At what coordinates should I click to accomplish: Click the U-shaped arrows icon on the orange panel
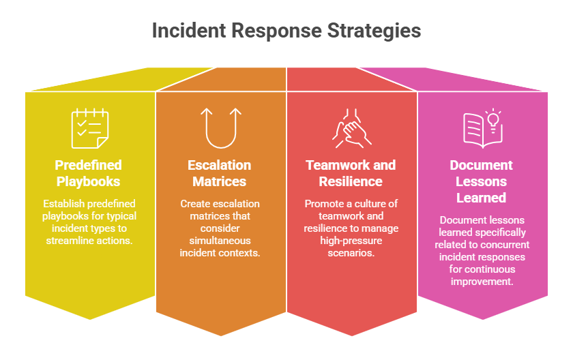pyautogui.click(x=222, y=128)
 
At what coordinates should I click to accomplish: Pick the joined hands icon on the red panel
pyautogui.click(x=351, y=128)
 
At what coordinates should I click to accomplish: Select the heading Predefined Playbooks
pyautogui.click(x=88, y=173)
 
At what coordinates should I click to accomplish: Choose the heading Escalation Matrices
pyautogui.click(x=220, y=173)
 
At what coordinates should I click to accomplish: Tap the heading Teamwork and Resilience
pyautogui.click(x=351, y=173)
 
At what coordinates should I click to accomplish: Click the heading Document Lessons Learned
pyautogui.click(x=482, y=181)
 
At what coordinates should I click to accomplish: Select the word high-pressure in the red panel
pyautogui.click(x=351, y=241)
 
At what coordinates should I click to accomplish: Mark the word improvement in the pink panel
pyautogui.click(x=482, y=282)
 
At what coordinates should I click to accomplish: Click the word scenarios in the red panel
pyautogui.click(x=351, y=253)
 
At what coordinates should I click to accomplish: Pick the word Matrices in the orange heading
pyautogui.click(x=220, y=181)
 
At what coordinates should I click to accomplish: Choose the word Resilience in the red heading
pyautogui.click(x=351, y=181)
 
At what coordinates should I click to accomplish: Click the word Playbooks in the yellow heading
pyautogui.click(x=88, y=181)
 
